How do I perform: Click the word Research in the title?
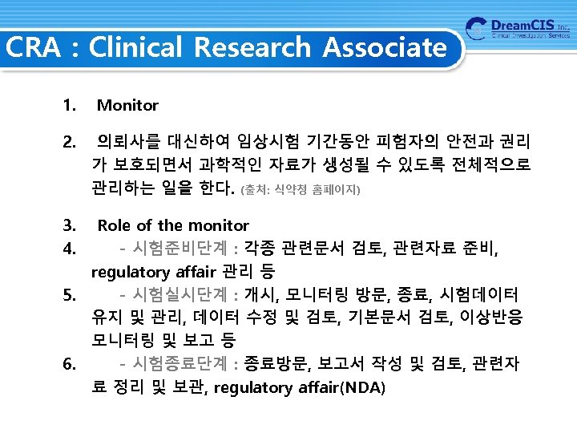251,47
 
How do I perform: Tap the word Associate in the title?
385,47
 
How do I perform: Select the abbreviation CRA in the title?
32,47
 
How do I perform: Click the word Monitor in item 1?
127,105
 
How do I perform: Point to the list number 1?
68,105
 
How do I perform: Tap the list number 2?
68,144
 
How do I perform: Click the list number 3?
68,225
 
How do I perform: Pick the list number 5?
68,294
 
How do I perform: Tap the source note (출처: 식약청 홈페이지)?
301,191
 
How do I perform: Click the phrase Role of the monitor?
172,225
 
